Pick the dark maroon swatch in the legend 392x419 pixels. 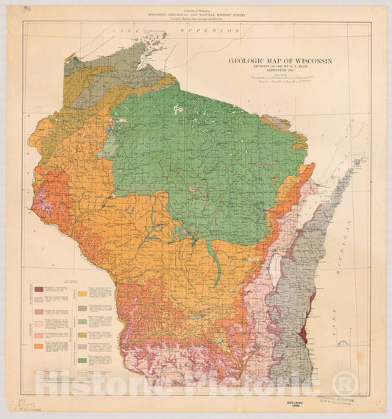(x=40, y=289)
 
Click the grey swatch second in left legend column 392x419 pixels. (x=40, y=302)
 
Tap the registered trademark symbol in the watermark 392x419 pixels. (x=346, y=382)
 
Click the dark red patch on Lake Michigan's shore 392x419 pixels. (x=313, y=303)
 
